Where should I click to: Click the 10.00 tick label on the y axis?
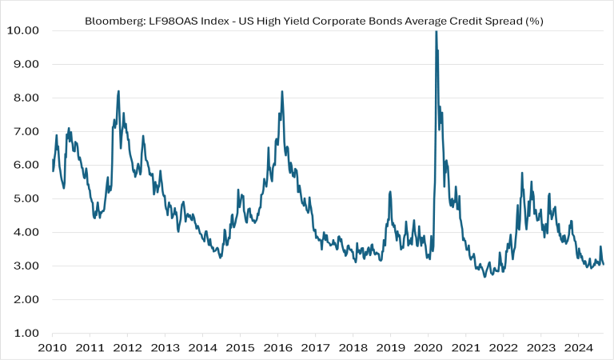click(24, 30)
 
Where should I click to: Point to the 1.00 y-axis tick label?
click(27, 333)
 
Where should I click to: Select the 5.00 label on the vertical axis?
click(27, 198)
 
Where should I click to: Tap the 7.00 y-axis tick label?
click(27, 131)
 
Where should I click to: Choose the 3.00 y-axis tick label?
click(27, 266)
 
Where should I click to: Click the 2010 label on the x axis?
click(52, 348)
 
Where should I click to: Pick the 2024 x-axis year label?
click(578, 348)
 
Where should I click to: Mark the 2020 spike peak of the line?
click(436, 31)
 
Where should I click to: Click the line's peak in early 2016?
click(282, 91)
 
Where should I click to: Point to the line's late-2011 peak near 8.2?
click(118, 91)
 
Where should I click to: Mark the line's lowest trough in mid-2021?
click(484, 277)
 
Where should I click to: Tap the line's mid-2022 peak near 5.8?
click(522, 172)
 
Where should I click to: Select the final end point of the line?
click(603, 264)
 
